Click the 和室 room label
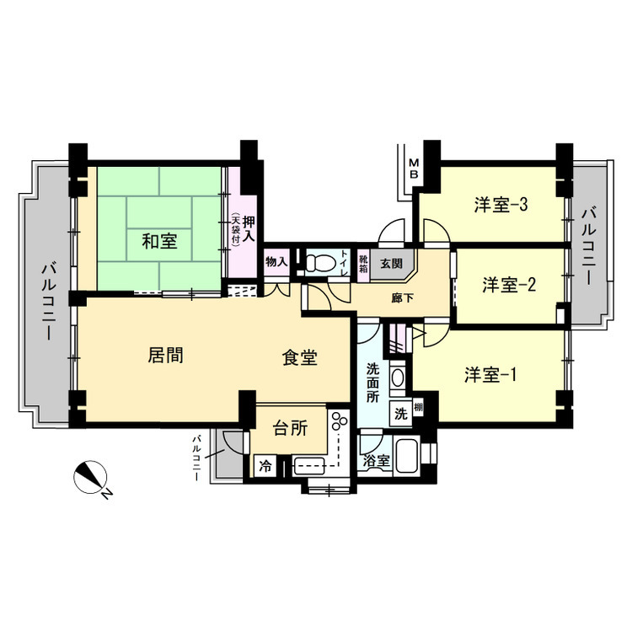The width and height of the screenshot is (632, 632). click(x=159, y=242)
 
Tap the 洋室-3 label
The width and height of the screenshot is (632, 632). click(x=501, y=205)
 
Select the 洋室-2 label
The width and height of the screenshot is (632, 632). click(x=509, y=285)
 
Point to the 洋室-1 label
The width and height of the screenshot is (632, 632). click(x=490, y=375)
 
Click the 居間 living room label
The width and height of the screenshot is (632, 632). click(x=166, y=356)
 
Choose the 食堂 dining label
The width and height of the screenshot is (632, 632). click(x=299, y=357)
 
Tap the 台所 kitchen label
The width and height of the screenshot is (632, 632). click(x=290, y=428)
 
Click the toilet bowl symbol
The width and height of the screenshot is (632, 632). click(x=320, y=264)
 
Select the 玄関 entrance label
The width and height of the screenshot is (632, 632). click(x=391, y=264)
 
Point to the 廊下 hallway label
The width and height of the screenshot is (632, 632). click(x=403, y=298)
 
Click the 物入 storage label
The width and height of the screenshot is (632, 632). click(x=276, y=262)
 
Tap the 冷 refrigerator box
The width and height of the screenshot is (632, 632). click(x=265, y=466)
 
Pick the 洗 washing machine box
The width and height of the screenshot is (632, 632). click(x=400, y=414)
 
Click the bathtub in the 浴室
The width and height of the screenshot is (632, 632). click(x=407, y=456)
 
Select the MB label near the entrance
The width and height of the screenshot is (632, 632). click(x=415, y=169)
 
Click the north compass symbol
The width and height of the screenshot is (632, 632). click(x=90, y=477)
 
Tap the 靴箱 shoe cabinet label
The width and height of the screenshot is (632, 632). click(x=363, y=264)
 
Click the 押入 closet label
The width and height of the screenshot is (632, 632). click(x=249, y=229)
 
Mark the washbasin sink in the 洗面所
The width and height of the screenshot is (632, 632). click(x=398, y=378)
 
